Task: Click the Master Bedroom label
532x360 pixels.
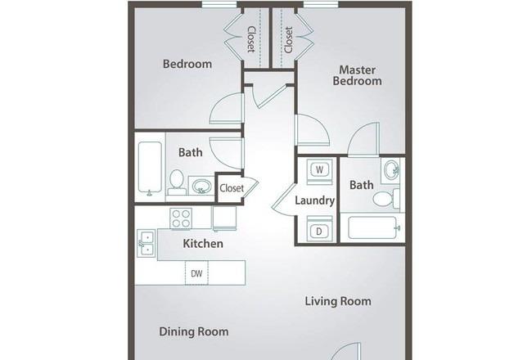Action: (x=358, y=75)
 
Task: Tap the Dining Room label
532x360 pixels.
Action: (x=194, y=331)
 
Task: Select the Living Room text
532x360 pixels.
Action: (x=338, y=301)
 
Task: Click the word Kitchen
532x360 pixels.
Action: (x=203, y=243)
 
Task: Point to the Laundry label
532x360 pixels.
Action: (x=315, y=200)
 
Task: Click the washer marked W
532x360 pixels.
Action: (x=319, y=170)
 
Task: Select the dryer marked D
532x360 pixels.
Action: (x=319, y=230)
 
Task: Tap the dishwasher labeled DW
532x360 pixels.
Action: (x=196, y=272)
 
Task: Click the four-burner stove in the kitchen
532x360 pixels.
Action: (x=181, y=218)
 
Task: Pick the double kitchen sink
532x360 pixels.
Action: (x=147, y=243)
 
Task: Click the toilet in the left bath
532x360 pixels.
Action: (x=177, y=182)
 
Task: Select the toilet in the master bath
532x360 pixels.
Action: (x=386, y=199)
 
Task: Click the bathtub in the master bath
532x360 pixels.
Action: (x=374, y=227)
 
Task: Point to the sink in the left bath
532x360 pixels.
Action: (x=201, y=186)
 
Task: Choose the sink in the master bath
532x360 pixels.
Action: (x=390, y=170)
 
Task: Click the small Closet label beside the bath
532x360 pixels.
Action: (x=232, y=187)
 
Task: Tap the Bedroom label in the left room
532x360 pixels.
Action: (x=187, y=64)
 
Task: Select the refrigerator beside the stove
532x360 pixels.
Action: (x=224, y=218)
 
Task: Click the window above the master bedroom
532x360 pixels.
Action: (x=321, y=4)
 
